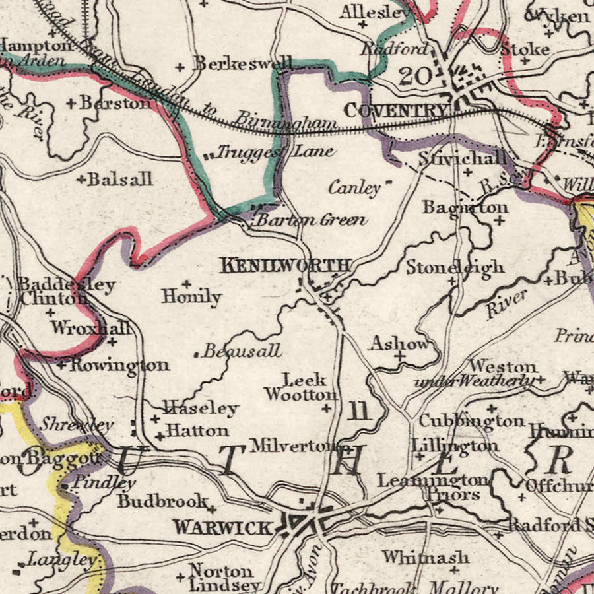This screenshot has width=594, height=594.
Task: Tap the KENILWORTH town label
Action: [x=284, y=266]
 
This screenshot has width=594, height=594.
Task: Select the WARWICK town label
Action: [x=222, y=527]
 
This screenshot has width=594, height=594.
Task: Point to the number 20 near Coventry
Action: [x=414, y=75]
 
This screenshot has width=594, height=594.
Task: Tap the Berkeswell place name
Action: [x=242, y=63]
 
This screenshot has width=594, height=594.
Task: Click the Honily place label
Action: [x=191, y=297]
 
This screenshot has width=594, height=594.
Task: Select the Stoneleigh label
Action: [x=455, y=267]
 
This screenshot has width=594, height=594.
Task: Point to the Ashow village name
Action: [x=400, y=343]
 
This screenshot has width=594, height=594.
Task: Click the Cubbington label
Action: [x=473, y=420]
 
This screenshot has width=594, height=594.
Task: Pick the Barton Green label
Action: [x=311, y=220]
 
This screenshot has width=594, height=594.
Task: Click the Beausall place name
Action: [x=242, y=351]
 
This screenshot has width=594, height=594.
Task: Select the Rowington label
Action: [x=119, y=365]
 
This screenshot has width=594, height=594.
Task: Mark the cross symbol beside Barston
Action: [x=71, y=104]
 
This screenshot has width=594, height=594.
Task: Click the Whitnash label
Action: [x=426, y=558]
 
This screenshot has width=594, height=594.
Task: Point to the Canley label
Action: [x=354, y=189]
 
